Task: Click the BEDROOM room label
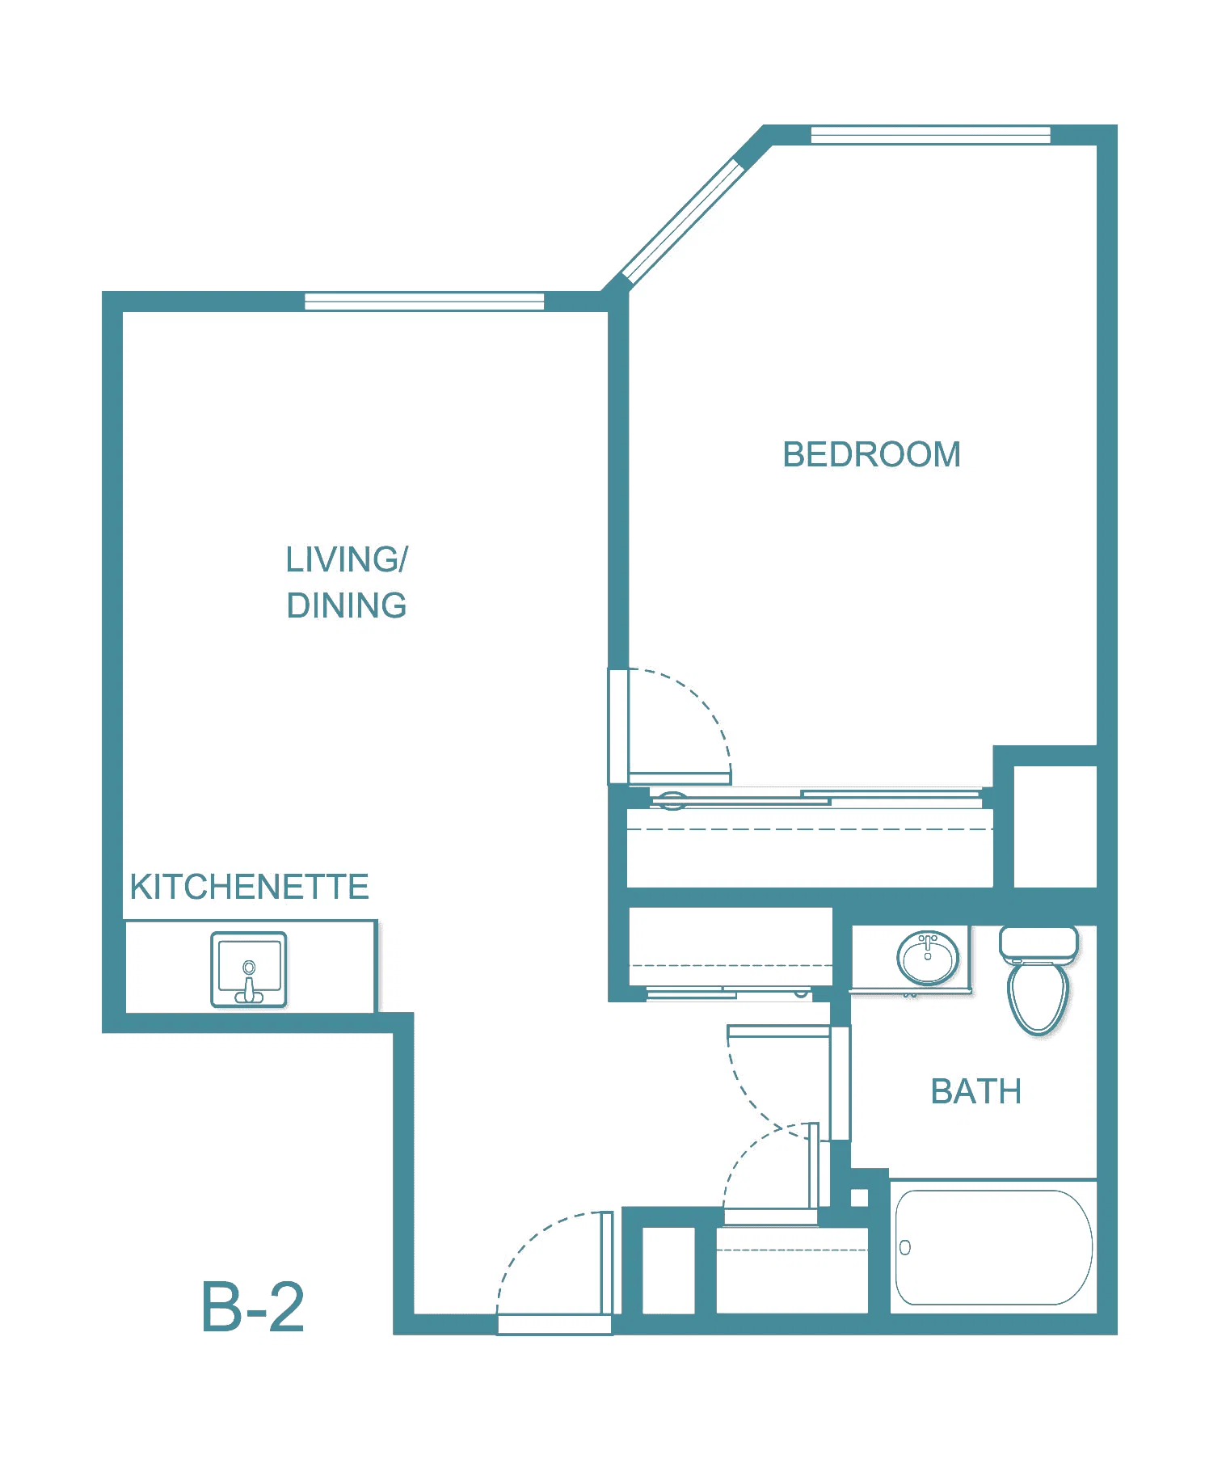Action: tap(871, 454)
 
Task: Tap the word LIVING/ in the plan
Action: tap(347, 559)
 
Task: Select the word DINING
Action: tap(347, 605)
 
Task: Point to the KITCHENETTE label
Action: tap(249, 887)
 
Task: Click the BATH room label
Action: tap(975, 1091)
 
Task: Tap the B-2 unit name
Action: tap(253, 1307)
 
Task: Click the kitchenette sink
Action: tap(249, 969)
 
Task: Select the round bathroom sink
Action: tap(928, 957)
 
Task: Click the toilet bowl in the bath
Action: tap(1039, 997)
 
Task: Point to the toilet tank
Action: tap(1039, 943)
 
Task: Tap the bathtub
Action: tap(993, 1247)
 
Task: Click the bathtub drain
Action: tap(905, 1247)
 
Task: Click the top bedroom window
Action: tap(930, 135)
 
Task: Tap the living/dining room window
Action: tap(424, 301)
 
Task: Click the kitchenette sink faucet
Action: tap(249, 983)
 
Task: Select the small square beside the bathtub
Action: tap(859, 1198)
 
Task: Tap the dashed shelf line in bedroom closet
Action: tap(810, 829)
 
